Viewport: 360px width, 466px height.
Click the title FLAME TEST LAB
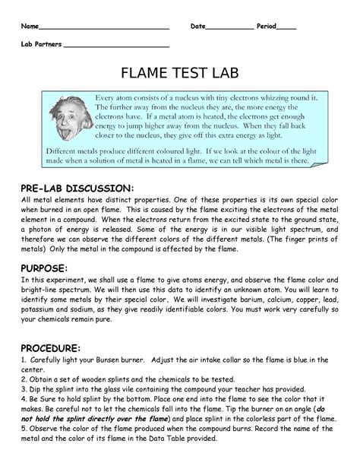pos(179,74)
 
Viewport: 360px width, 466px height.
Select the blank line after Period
pos(286,28)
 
